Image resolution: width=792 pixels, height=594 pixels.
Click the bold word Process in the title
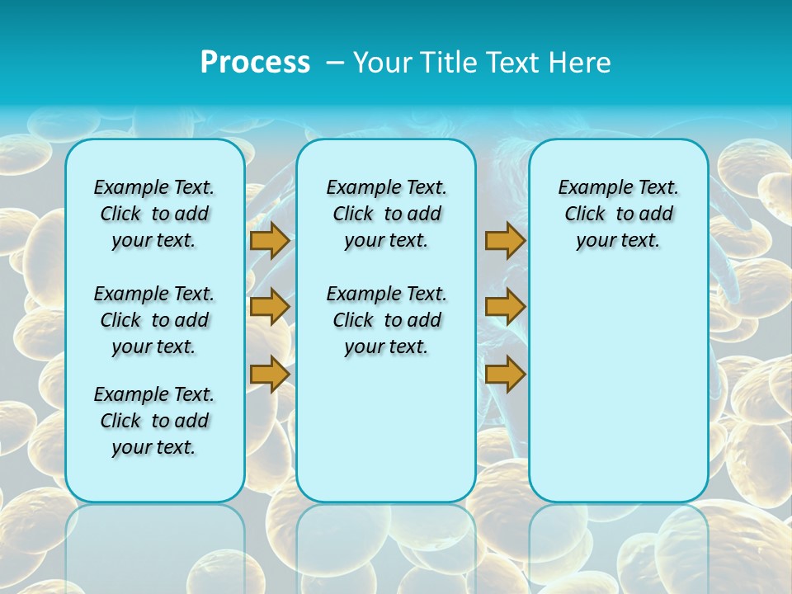pyautogui.click(x=255, y=62)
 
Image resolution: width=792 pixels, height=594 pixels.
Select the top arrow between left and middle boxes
pyautogui.click(x=270, y=240)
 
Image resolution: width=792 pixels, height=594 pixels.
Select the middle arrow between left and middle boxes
pyautogui.click(x=270, y=307)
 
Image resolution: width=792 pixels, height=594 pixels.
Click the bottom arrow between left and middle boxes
pyautogui.click(x=270, y=375)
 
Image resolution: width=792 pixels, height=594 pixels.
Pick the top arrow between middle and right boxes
pyautogui.click(x=505, y=240)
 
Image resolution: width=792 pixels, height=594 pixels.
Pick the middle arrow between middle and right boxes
pyautogui.click(x=505, y=307)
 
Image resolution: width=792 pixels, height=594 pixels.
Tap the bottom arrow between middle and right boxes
pyautogui.click(x=505, y=375)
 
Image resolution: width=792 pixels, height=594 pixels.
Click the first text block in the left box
pyautogui.click(x=154, y=214)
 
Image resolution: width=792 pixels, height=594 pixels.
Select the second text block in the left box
pyautogui.click(x=154, y=320)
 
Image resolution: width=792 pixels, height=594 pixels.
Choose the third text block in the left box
pyautogui.click(x=154, y=421)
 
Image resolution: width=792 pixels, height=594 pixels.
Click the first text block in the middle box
pyautogui.click(x=386, y=214)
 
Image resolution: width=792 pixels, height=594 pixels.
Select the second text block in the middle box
pyautogui.click(x=386, y=320)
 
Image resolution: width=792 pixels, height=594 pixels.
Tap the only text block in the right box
pyautogui.click(x=618, y=214)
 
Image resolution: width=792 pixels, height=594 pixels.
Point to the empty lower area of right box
pyautogui.click(x=618, y=388)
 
